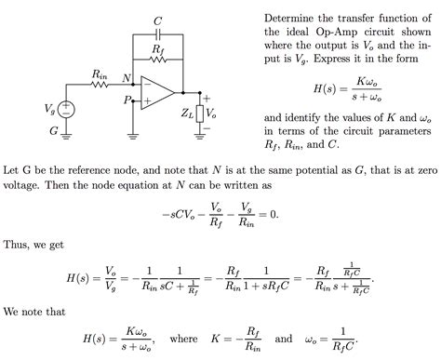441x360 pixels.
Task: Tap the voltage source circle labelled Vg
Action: tap(66, 109)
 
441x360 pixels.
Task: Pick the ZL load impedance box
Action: tap(199, 113)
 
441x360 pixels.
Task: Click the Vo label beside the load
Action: tap(211, 113)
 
